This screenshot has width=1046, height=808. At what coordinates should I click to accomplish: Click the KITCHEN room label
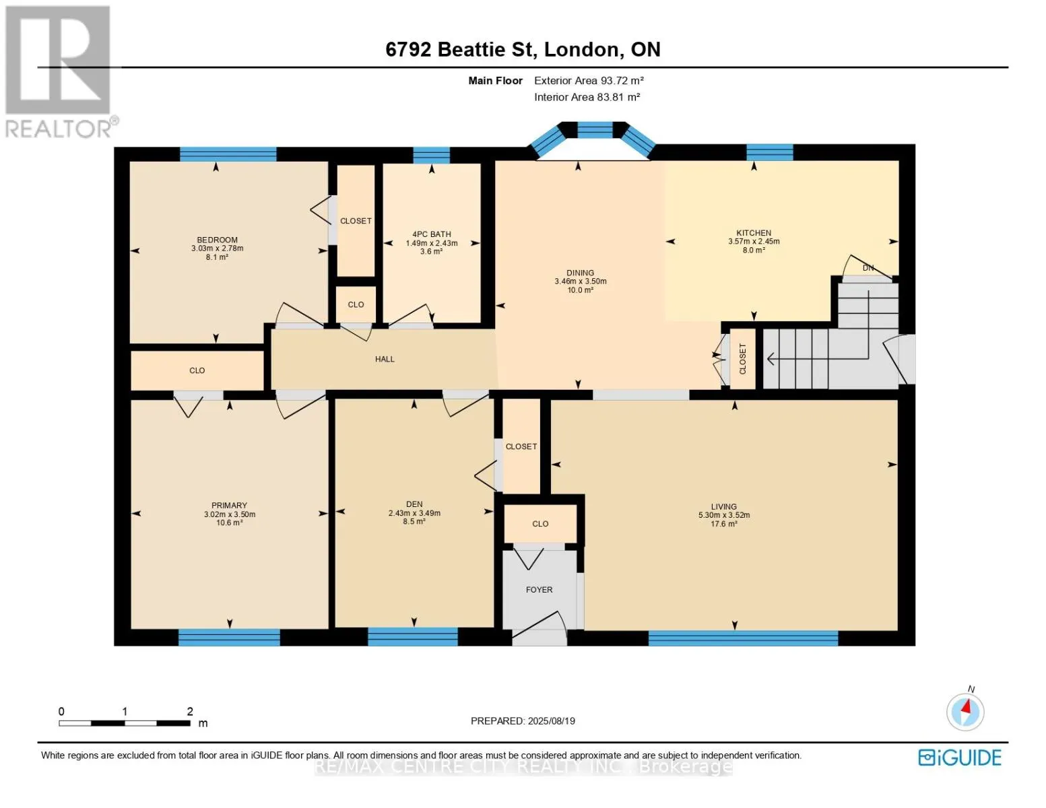coord(753,232)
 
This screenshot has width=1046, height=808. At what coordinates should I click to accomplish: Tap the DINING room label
coord(580,273)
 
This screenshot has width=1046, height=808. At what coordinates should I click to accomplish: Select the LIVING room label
coord(723,506)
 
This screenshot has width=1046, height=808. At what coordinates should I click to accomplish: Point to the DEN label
coord(414,504)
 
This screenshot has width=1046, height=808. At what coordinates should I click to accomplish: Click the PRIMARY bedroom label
coord(229,505)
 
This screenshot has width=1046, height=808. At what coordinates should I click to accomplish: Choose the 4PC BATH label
coord(431,234)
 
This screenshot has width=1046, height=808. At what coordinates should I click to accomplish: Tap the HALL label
coord(385,359)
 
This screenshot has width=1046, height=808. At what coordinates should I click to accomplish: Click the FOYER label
coord(539,590)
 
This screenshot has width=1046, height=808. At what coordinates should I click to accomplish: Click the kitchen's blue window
coord(769,152)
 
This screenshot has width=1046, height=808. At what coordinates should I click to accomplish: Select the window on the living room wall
coord(743,638)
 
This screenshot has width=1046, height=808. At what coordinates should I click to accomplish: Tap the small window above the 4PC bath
coord(431,155)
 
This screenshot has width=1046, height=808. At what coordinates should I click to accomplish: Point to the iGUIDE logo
coord(960,757)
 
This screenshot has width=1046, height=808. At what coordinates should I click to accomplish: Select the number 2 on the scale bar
coord(190,711)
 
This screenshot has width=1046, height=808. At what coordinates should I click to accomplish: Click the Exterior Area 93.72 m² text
coord(589,80)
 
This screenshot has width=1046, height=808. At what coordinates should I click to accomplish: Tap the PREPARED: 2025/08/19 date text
coord(523,721)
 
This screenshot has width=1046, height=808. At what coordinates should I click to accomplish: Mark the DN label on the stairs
coord(868,268)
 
